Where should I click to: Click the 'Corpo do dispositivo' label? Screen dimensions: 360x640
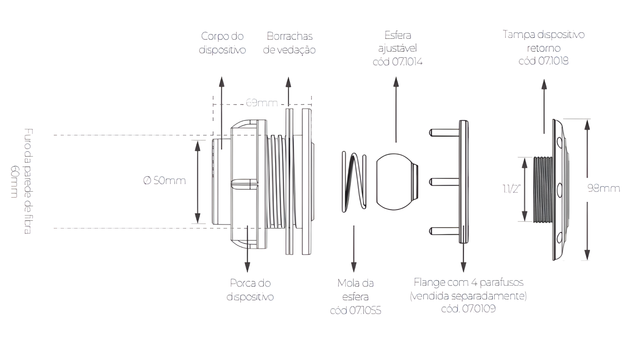[x=222, y=43]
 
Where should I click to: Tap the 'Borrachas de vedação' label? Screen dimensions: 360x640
[x=289, y=43]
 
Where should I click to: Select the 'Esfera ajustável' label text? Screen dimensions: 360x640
[x=398, y=42]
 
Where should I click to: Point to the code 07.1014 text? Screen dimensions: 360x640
[x=398, y=62]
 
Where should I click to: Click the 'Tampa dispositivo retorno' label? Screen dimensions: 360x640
[x=544, y=41]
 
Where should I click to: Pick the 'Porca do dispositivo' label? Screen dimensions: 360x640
[x=250, y=290]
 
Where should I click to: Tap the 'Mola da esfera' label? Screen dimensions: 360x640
[x=355, y=290]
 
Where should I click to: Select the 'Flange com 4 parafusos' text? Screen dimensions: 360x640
[x=468, y=283]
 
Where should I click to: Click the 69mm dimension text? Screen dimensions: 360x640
[x=262, y=103]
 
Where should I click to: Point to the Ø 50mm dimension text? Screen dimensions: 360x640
[x=164, y=181]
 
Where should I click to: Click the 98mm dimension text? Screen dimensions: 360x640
[x=604, y=188]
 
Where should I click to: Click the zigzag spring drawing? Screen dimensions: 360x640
[x=354, y=182]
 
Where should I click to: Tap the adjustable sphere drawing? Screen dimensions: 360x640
[x=397, y=182]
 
